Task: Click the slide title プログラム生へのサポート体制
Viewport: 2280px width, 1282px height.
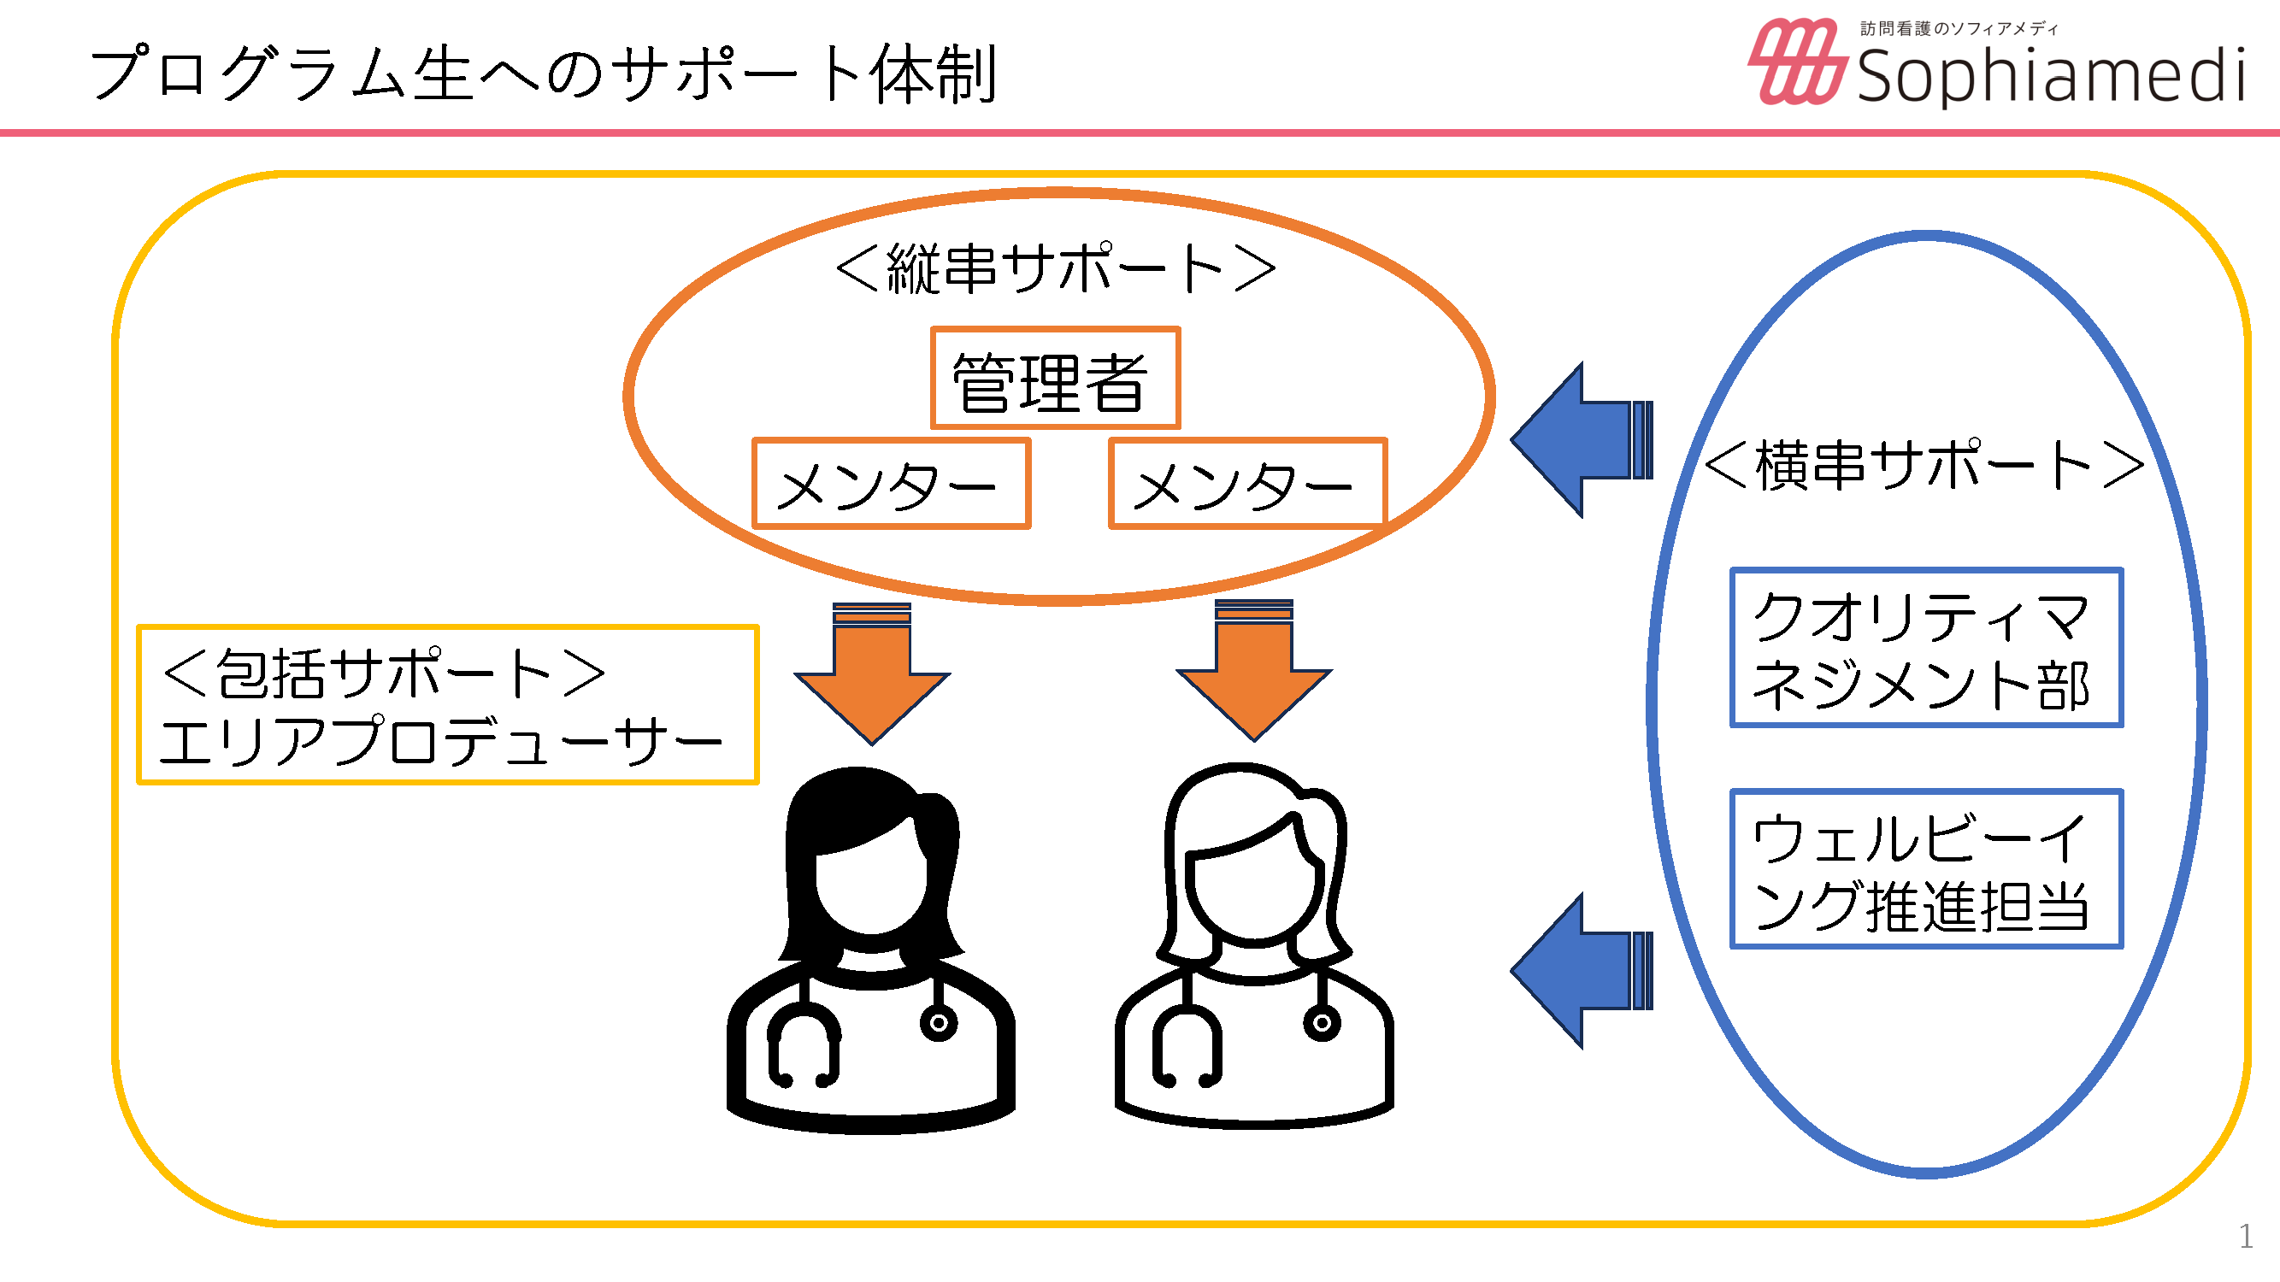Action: click(x=544, y=74)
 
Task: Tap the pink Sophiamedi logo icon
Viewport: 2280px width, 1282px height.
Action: click(x=1797, y=62)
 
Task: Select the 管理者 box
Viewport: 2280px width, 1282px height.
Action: click(x=1055, y=379)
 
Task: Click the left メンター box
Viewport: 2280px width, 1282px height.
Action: click(x=891, y=484)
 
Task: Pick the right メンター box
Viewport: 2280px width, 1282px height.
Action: click(x=1246, y=484)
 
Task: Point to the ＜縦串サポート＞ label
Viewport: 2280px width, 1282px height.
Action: click(x=1055, y=268)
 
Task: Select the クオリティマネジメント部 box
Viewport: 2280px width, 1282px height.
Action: click(x=1926, y=648)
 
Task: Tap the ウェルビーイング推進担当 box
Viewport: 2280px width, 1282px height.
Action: click(x=1926, y=869)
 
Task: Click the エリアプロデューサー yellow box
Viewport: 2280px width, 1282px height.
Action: click(x=447, y=704)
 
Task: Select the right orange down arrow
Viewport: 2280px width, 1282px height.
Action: click(x=1253, y=671)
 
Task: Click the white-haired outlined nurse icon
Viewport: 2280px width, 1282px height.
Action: click(x=1253, y=947)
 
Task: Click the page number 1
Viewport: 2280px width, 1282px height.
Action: click(x=2246, y=1236)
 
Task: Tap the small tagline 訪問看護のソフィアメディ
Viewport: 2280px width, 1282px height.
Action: click(x=1959, y=29)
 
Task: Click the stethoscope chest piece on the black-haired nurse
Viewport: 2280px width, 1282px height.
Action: click(x=938, y=1024)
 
